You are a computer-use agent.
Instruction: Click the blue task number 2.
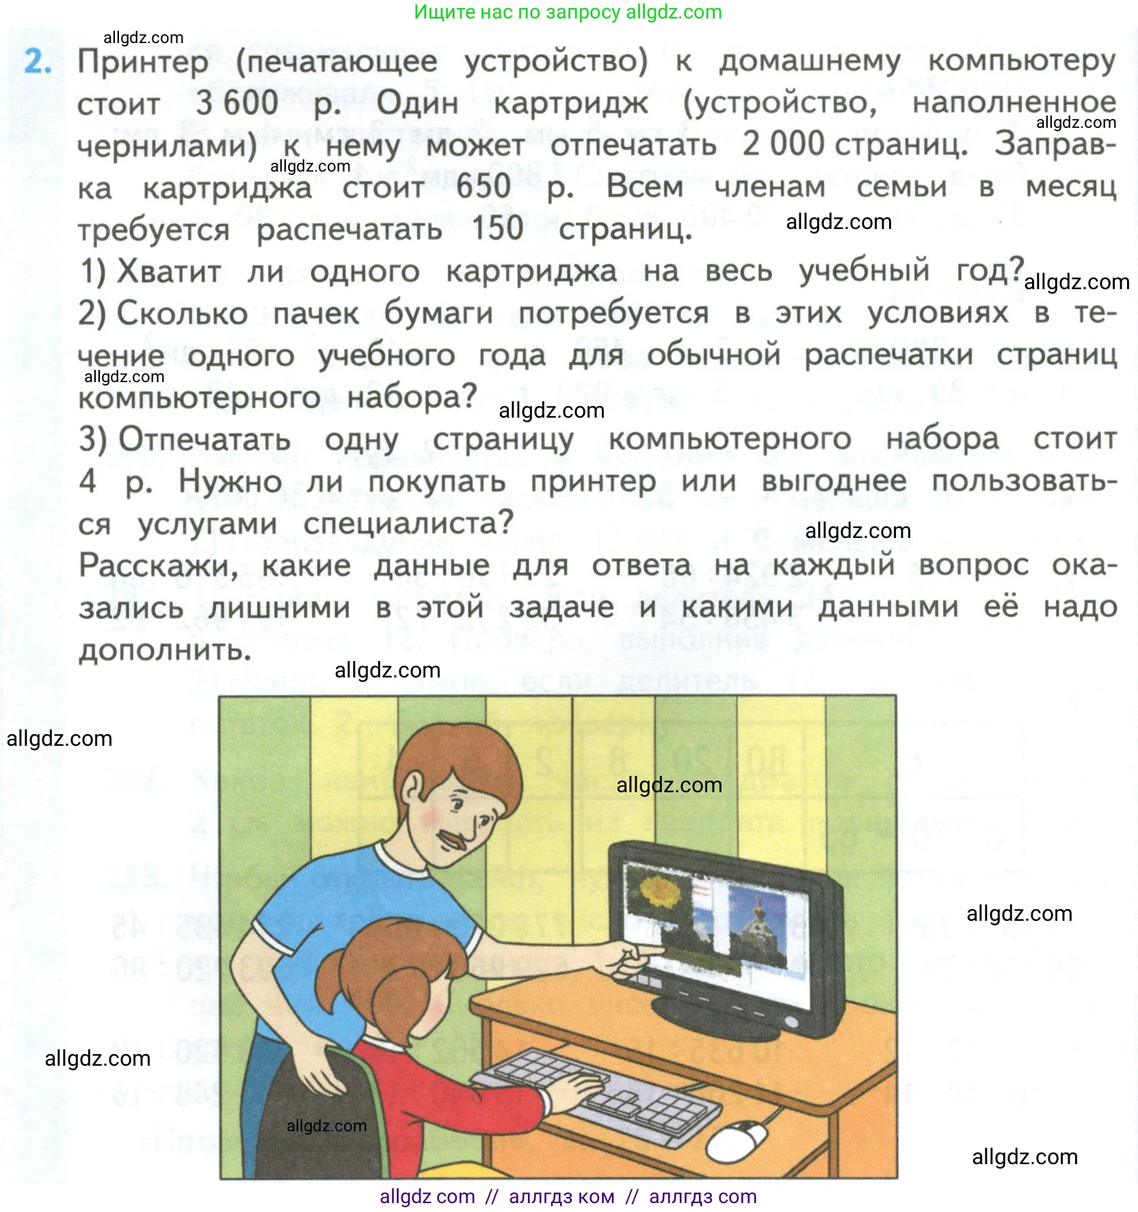[x=38, y=62]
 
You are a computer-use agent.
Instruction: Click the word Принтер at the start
[x=143, y=62]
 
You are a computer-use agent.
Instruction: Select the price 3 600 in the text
[x=237, y=103]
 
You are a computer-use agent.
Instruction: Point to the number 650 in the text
[x=484, y=187]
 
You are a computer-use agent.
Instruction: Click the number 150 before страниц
[x=497, y=228]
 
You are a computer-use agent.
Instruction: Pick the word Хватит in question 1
[x=170, y=271]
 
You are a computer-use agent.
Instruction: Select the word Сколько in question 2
[x=182, y=314]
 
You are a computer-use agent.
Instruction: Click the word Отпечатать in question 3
[x=204, y=440]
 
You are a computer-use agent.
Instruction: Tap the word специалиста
[x=408, y=524]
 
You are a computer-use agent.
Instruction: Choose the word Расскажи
[x=158, y=566]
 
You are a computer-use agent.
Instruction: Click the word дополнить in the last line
[x=165, y=650]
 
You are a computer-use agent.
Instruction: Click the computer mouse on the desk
[x=737, y=1139]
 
